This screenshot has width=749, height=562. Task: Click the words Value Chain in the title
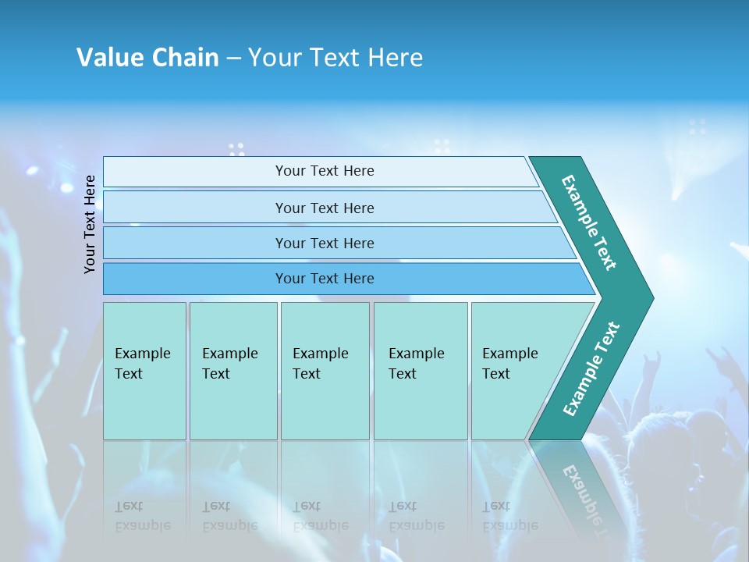click(x=147, y=58)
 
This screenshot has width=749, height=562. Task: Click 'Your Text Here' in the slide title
click(x=335, y=58)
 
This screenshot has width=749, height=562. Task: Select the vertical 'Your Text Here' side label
click(x=91, y=224)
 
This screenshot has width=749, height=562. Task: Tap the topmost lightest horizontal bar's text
click(x=325, y=171)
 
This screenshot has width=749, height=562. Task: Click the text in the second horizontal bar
click(x=325, y=208)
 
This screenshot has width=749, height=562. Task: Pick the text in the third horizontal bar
click(x=325, y=244)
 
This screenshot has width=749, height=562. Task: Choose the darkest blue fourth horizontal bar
click(x=325, y=279)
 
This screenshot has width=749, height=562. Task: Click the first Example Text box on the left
click(x=144, y=371)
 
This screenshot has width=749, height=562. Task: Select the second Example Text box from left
click(x=233, y=371)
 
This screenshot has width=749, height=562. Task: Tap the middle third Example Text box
click(x=324, y=371)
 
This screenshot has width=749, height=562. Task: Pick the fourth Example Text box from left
click(x=420, y=371)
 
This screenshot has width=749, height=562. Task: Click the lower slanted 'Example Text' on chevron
click(x=591, y=368)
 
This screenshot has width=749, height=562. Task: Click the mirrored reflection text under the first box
click(x=143, y=516)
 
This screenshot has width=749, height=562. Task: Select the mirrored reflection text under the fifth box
click(x=509, y=516)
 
